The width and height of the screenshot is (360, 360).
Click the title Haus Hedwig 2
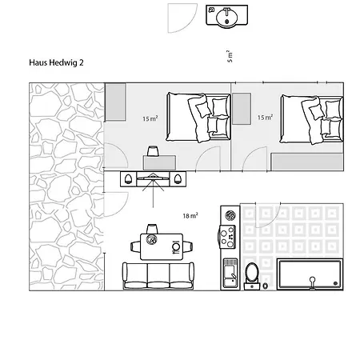[56, 62]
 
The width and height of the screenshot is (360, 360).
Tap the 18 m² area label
[190, 215]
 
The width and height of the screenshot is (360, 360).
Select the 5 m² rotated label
[230, 56]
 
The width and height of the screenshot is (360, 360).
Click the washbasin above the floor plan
[227, 15]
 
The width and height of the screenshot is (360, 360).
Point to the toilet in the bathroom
[252, 276]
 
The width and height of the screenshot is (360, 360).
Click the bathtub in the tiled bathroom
[310, 274]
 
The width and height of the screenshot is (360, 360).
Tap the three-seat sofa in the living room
[158, 276]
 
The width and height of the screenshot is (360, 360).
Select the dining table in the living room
[162, 246]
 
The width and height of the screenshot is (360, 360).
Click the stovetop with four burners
[227, 237]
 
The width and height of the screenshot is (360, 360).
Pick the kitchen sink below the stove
[230, 273]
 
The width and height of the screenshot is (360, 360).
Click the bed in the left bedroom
[198, 117]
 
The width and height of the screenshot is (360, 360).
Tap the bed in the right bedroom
[311, 120]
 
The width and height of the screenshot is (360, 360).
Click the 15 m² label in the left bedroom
[150, 118]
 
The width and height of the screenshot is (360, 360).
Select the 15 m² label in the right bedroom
[265, 117]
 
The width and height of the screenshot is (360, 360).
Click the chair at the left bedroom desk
[152, 150]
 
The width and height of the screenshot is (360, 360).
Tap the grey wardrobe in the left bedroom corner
[115, 102]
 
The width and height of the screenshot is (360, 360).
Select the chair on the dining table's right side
[188, 246]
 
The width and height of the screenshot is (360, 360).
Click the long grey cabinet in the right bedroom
[307, 162]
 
